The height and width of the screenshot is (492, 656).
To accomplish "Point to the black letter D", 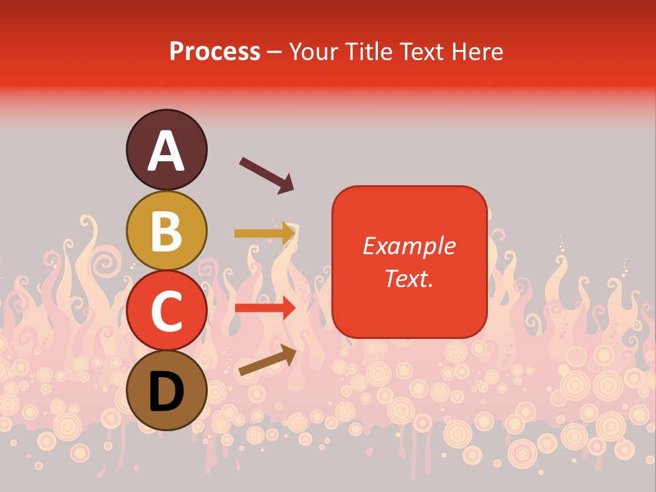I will (167, 392).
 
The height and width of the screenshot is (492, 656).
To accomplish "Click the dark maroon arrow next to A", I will (266, 175).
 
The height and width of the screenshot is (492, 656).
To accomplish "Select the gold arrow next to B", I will (264, 233).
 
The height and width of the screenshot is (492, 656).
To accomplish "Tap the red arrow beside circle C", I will (264, 307).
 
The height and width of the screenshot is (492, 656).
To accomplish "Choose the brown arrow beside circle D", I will (267, 359).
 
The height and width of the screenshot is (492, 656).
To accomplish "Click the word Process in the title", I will (215, 51).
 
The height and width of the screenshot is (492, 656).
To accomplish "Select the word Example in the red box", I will (409, 246).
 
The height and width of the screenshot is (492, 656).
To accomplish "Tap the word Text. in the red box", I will (409, 278).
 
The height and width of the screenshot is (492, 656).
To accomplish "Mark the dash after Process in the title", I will (274, 53).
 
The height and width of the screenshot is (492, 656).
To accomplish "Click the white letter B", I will (167, 231).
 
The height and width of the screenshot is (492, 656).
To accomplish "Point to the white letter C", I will (167, 312).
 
